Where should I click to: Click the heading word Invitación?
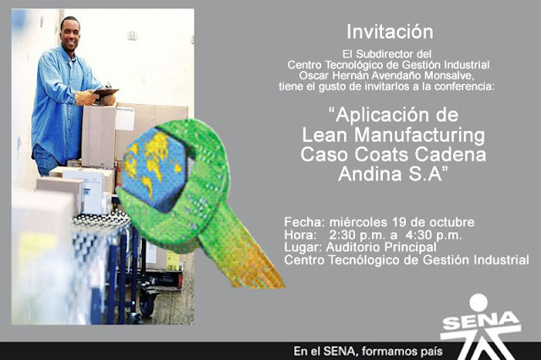tap(390, 32)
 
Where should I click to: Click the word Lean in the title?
tap(325, 135)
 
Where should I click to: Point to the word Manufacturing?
tap(420, 135)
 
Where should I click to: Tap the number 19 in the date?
tap(399, 222)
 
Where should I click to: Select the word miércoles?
tap(358, 222)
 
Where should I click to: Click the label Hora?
tap(300, 235)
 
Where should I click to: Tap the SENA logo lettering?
tap(481, 323)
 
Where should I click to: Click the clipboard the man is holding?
tap(105, 92)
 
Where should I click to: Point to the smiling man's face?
tap(70, 35)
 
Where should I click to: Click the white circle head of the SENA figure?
tap(478, 302)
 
